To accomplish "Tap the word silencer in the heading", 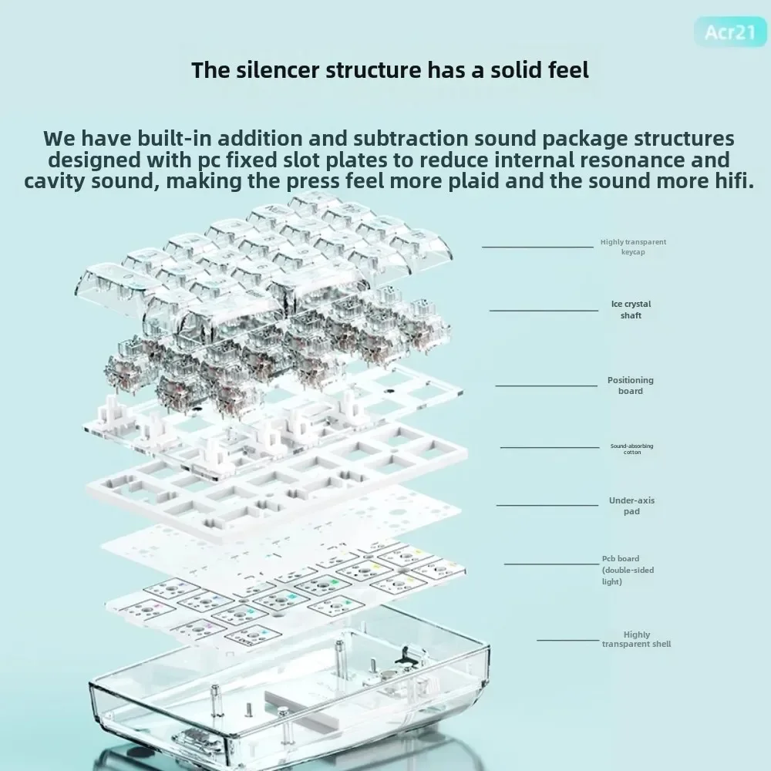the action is click(273, 70).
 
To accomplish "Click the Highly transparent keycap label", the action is click(633, 247).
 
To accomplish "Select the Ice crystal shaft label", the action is click(631, 309).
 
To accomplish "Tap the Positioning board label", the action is click(630, 385).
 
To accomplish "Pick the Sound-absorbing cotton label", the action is click(631, 449).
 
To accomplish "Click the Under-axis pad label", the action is click(631, 506).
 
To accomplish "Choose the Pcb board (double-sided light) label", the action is click(621, 570).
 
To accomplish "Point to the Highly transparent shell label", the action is click(636, 639).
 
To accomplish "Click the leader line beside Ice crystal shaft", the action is click(544, 310).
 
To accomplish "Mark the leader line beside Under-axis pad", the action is click(547, 505).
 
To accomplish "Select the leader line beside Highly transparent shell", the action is click(568, 639).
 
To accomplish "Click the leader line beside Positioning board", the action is click(547, 385).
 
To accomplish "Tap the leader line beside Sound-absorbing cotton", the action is click(550, 446).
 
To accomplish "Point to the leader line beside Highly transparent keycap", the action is click(537, 247).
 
